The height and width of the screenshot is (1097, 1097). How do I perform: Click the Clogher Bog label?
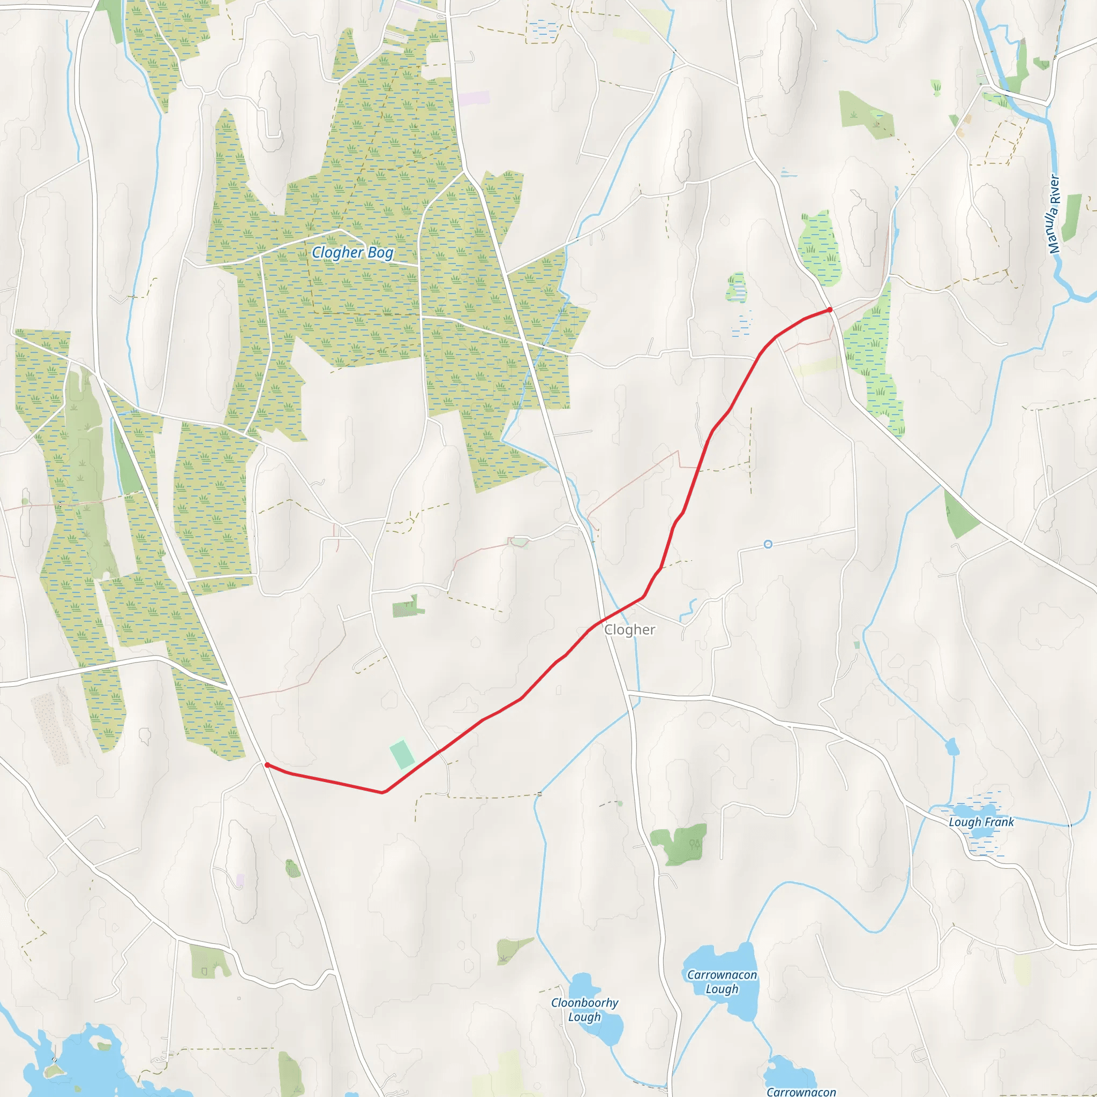pyautogui.click(x=352, y=252)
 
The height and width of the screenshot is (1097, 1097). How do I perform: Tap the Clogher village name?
pyautogui.click(x=629, y=630)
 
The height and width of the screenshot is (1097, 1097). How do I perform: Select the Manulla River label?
pyautogui.click(x=1054, y=214)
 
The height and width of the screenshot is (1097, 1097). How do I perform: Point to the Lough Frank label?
pyautogui.click(x=981, y=822)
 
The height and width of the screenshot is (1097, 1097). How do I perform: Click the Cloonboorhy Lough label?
pyautogui.click(x=584, y=1010)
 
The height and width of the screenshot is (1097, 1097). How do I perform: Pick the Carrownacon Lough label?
pyautogui.click(x=722, y=982)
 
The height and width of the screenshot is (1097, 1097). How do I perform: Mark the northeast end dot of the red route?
pyautogui.click(x=830, y=310)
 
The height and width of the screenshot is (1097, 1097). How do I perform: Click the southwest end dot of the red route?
pyautogui.click(x=267, y=765)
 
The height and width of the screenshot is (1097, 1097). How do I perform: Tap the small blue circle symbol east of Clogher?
pyautogui.click(x=768, y=545)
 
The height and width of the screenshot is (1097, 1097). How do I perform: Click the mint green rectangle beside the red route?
pyautogui.click(x=402, y=754)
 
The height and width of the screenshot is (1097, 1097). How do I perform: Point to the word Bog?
pyautogui.click(x=380, y=253)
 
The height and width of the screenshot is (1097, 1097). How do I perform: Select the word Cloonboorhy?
pyautogui.click(x=584, y=1003)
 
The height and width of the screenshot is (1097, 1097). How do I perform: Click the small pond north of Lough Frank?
pyautogui.click(x=952, y=747)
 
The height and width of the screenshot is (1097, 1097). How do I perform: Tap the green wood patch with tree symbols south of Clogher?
pyautogui.click(x=680, y=844)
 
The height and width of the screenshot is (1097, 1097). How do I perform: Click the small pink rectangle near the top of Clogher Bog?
pyautogui.click(x=474, y=98)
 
